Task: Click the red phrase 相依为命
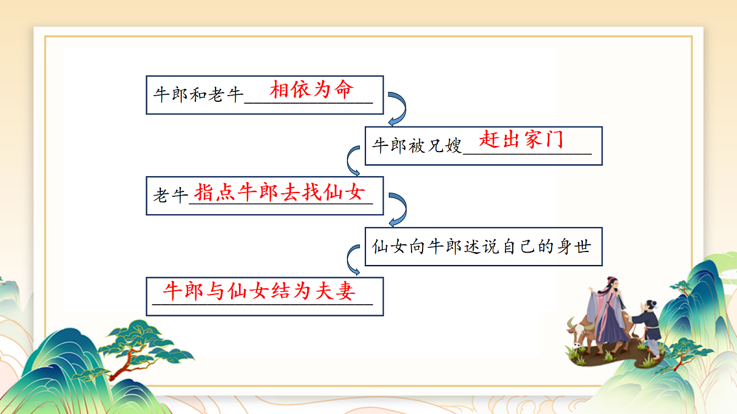pyautogui.click(x=311, y=90)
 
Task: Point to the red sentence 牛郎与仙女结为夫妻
pyautogui.click(x=260, y=291)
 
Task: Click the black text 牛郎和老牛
pyautogui.click(x=198, y=95)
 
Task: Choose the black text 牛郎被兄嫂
pyautogui.click(x=417, y=146)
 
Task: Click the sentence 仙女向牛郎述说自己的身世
pyautogui.click(x=482, y=247)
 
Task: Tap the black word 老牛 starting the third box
pyautogui.click(x=170, y=196)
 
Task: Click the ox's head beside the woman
pyautogui.click(x=579, y=333)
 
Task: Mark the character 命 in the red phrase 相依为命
pyautogui.click(x=344, y=90)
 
